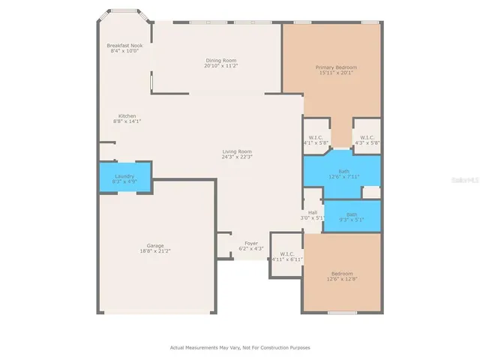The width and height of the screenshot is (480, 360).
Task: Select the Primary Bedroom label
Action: click(335, 67)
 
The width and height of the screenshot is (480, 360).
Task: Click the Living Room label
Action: click(236, 152)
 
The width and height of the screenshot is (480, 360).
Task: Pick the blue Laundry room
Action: click(125, 178)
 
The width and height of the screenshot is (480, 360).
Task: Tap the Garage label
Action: click(155, 246)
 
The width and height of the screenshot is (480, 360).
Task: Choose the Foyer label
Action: click(250, 243)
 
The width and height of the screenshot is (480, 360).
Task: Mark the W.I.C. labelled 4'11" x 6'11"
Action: click(286, 256)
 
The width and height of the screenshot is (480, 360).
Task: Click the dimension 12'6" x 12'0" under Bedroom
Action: click(341, 279)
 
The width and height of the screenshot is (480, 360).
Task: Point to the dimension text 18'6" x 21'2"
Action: click(155, 251)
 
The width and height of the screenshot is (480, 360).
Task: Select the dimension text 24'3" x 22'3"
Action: click(236, 157)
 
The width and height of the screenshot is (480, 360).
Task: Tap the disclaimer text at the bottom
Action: click(239, 347)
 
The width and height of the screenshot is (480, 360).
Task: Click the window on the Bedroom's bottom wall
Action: click(342, 312)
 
